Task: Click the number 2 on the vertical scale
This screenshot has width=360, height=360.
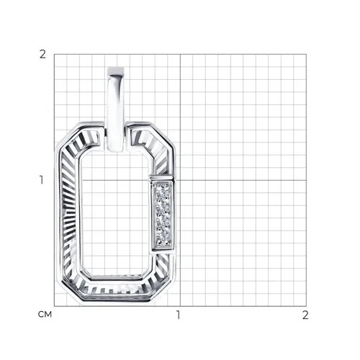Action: [42, 55]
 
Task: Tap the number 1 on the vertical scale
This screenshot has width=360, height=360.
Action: [42, 180]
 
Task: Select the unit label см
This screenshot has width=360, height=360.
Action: [45, 315]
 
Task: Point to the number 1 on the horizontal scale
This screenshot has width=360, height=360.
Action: [178, 315]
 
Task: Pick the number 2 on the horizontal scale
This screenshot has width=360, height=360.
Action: [305, 315]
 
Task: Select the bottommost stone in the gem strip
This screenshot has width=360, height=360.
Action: [163, 239]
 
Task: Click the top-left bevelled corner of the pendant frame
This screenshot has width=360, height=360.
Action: [69, 135]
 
